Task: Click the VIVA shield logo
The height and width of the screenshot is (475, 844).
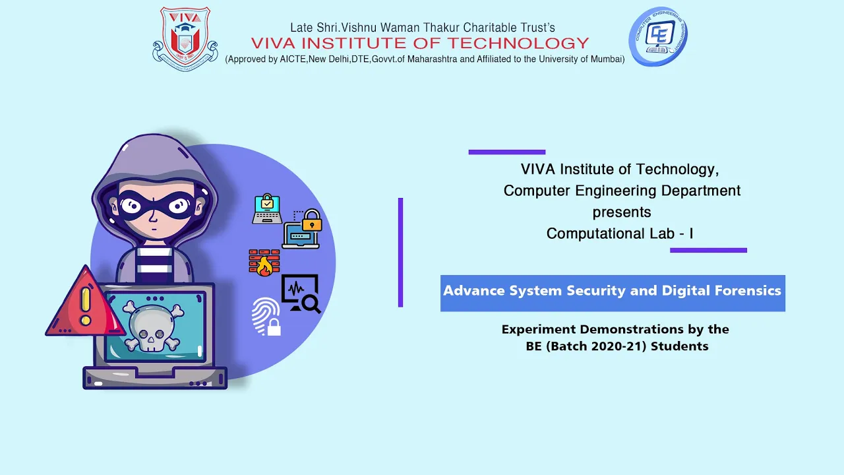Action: point(185,39)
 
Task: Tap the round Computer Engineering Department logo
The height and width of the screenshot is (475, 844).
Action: point(658,36)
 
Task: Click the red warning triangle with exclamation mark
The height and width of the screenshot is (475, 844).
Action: point(86,301)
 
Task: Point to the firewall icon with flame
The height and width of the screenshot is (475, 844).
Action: point(264,263)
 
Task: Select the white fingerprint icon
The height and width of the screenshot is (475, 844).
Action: point(266,317)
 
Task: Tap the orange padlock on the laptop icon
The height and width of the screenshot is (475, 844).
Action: point(312,220)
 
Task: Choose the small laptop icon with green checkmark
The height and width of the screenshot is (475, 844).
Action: point(267,209)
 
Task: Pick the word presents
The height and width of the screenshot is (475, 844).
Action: point(622,212)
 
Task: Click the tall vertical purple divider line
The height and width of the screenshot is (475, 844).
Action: point(400,252)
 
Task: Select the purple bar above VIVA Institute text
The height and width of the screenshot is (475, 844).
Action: point(507,152)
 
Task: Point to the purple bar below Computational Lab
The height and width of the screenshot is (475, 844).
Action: point(708,250)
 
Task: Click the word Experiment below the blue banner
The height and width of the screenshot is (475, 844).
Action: point(539,330)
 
